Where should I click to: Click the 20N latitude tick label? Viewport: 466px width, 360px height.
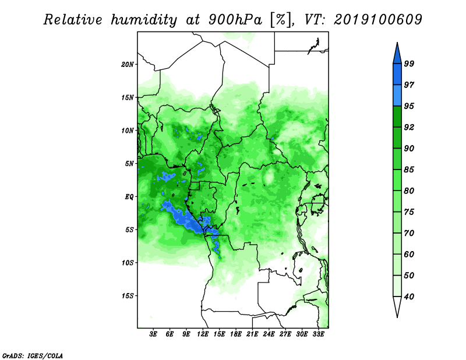(128, 65)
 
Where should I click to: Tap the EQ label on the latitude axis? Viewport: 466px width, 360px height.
(129, 197)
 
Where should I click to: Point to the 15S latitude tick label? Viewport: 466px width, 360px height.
(128, 296)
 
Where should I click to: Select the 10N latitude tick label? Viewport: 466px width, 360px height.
(128, 130)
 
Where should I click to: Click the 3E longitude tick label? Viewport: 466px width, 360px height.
(153, 334)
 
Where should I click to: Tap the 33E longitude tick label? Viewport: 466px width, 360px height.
(318, 334)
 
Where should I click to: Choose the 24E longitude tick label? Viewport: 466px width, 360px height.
(269, 334)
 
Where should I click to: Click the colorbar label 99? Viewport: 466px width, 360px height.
(409, 63)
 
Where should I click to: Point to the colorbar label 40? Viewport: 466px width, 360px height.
(409, 297)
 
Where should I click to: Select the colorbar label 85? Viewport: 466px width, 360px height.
(409, 170)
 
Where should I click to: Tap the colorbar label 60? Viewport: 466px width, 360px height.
(409, 255)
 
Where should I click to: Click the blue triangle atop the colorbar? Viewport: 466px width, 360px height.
(397, 55)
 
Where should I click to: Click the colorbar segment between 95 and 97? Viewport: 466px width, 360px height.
(397, 96)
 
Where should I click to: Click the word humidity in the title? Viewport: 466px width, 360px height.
(144, 20)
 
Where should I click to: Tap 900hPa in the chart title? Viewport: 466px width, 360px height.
(235, 20)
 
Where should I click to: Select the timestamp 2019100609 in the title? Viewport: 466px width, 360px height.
(377, 20)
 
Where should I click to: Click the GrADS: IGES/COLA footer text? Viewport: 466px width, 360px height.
(33, 355)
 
